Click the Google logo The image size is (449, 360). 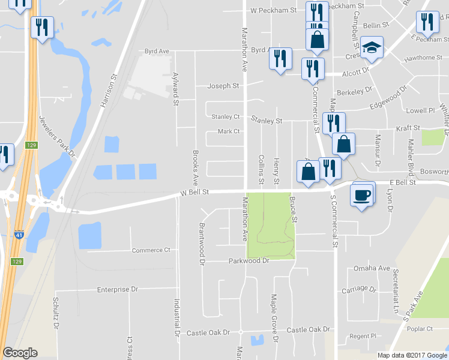point(20,353)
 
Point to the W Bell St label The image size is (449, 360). point(193,193)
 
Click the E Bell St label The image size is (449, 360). point(403,182)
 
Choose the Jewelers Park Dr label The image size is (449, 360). point(56,137)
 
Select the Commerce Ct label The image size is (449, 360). point(151,250)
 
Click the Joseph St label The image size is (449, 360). point(223,86)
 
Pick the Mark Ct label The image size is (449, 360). point(228,131)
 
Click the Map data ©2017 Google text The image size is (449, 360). point(412,355)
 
